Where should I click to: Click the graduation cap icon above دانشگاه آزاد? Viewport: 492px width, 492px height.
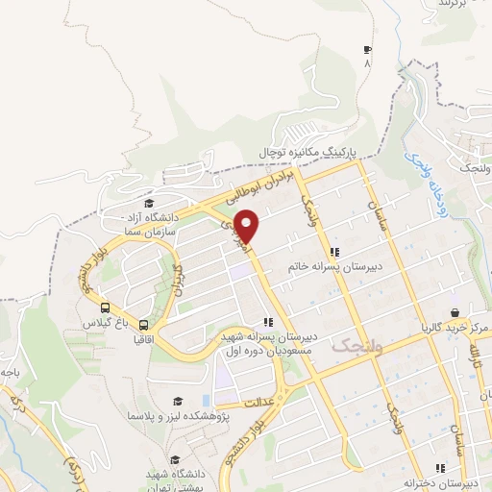[149, 203]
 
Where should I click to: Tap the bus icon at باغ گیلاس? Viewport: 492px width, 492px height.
[103, 307]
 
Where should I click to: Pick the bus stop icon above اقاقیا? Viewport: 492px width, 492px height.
[144, 325]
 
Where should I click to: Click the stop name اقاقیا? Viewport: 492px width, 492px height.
[144, 339]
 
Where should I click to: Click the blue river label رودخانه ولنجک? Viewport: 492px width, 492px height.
[422, 165]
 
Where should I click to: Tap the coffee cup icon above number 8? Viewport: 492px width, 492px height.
[366, 50]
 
